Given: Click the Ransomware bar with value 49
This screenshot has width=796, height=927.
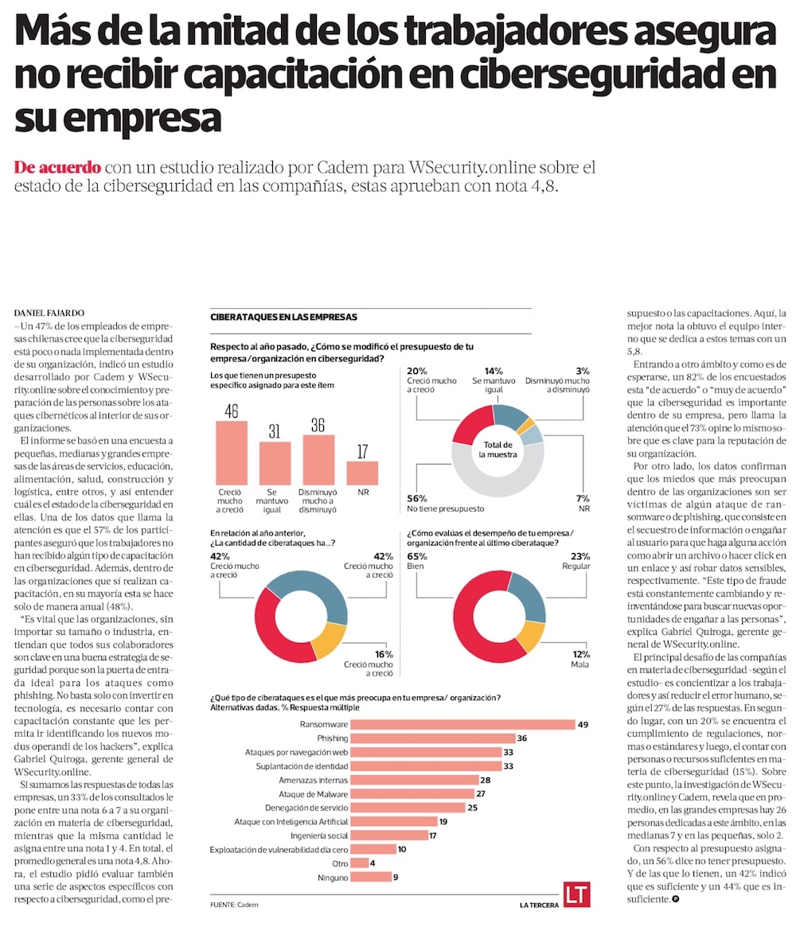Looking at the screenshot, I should (x=462, y=724).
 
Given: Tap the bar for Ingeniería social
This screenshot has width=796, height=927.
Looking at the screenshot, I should (x=388, y=835).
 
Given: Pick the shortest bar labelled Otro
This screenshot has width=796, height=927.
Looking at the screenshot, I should (x=360, y=863).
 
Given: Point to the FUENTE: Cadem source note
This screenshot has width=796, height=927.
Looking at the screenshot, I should (x=234, y=905).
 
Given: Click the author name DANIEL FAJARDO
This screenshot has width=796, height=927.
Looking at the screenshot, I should (x=49, y=313).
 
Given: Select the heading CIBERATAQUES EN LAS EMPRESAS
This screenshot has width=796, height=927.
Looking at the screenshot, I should (x=283, y=317).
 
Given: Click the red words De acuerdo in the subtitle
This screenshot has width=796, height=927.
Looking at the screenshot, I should (x=58, y=168).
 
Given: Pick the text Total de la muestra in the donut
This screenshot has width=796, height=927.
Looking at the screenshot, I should (x=498, y=449).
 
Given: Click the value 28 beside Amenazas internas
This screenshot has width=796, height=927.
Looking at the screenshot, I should (x=485, y=780).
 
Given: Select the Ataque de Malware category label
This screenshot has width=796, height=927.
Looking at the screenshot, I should (x=311, y=794).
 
